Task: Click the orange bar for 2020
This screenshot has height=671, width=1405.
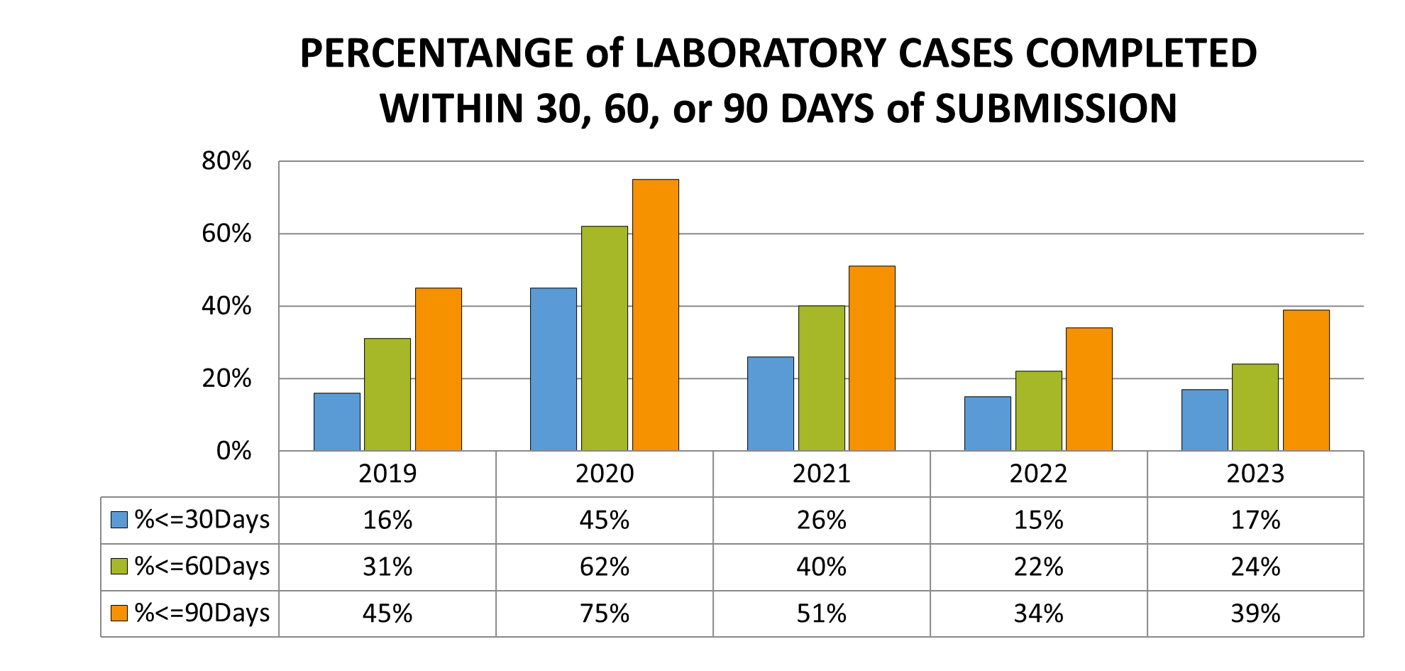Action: coord(655,316)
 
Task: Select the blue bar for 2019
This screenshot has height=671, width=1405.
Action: coord(337,422)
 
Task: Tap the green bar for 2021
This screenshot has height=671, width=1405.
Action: coord(821,378)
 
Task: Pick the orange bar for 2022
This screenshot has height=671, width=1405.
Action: coord(1089,389)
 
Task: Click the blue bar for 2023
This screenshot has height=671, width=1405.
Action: coord(1204,420)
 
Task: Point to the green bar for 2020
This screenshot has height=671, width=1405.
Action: coord(604,339)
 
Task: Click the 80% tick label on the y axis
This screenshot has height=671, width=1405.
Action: coord(226,161)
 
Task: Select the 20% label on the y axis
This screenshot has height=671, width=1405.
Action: coord(226,378)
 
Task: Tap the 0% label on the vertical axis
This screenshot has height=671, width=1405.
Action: coord(233,451)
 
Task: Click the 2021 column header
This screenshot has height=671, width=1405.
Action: coord(821,474)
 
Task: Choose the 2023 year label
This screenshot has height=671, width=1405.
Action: coord(1255,474)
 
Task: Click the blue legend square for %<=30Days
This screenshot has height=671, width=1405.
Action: coord(119,520)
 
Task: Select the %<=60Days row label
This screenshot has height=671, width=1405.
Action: coord(202,567)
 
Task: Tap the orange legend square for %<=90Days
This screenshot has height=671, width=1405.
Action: coord(119,613)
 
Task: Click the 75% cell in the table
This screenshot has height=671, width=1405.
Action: coord(604,613)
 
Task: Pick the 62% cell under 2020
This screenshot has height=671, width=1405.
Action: coord(604,567)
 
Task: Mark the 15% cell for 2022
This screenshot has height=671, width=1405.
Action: coord(1038,520)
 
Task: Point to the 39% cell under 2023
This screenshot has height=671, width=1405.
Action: coord(1255,613)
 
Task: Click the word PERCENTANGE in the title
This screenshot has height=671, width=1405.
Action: coord(436,54)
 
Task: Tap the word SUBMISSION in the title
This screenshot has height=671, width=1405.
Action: coord(1056,109)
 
